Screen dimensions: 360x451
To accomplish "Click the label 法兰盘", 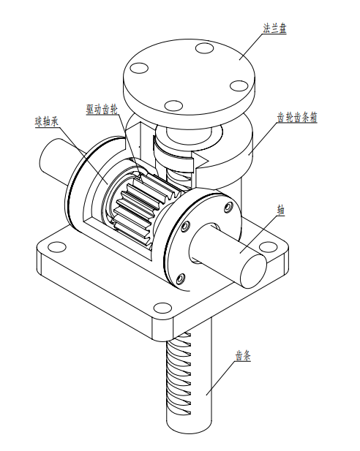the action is pos(274,29).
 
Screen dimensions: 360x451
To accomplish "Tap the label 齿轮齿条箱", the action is pos(297,118).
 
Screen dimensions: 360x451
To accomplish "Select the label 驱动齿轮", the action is pos(102,110).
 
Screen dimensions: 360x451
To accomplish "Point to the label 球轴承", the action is pos(47,121).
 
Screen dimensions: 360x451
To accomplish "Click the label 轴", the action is pos(280,211).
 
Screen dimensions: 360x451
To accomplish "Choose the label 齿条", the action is pos(243,356).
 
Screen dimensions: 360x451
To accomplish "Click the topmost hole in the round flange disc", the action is pos(205,48).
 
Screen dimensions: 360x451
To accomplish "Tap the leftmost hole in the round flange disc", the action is pos(139,68).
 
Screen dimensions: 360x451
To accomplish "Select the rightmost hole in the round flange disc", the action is pos(239,86).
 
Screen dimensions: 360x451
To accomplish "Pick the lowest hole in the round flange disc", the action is pos(173,106).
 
